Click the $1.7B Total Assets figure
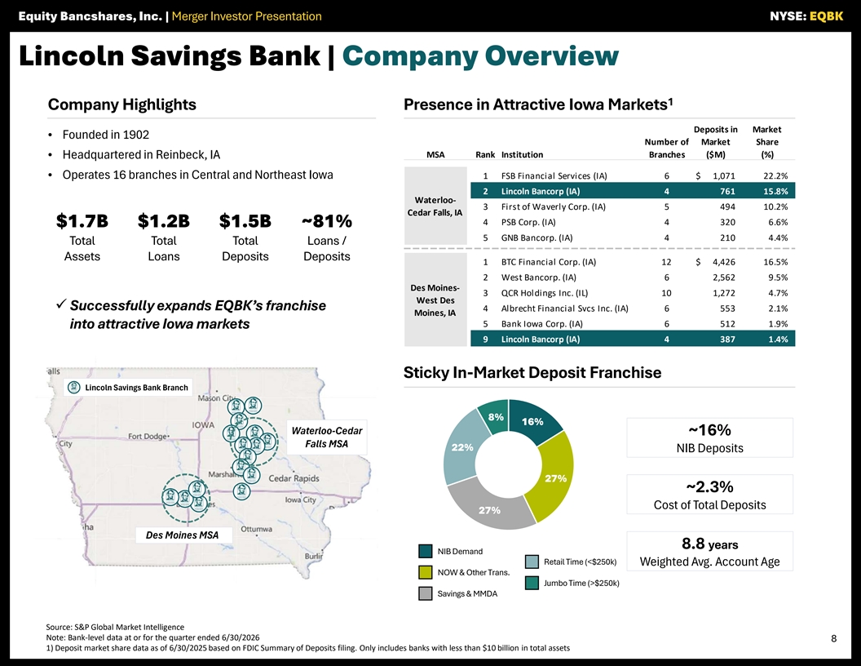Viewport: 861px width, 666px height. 82,221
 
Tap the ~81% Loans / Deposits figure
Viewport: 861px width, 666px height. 327,221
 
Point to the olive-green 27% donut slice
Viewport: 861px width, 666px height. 552,478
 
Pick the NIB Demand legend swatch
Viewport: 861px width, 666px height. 425,551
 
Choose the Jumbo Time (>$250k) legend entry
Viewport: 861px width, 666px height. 572,583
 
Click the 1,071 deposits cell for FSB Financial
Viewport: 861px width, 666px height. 723,175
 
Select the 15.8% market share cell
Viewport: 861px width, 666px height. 775,191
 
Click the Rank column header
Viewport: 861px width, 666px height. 485,155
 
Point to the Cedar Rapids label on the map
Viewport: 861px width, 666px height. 294,478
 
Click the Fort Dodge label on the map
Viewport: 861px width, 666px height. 148,437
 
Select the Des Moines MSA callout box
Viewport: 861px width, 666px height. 183,535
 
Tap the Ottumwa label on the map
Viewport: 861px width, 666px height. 257,529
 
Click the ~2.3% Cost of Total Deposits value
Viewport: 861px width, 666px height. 709,487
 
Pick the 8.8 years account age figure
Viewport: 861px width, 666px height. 709,544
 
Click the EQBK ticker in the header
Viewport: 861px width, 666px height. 826,16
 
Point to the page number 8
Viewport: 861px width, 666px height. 833,638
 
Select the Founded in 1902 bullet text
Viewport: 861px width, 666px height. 106,135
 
